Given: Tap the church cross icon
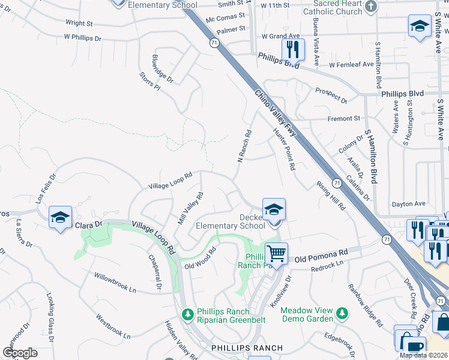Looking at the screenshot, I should click(371, 7).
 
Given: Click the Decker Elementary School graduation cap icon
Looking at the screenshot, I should click(274, 209).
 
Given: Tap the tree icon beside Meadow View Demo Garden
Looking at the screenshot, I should click(342, 313).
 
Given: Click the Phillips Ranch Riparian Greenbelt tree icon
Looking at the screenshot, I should click(187, 314).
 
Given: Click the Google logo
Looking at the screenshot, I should click(20, 353).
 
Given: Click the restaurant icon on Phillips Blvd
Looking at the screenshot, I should click(292, 49).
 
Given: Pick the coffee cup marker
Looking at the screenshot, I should click(415, 347).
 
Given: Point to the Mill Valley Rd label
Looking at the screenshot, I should click(190, 208).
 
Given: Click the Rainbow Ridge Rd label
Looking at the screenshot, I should click(365, 305).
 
